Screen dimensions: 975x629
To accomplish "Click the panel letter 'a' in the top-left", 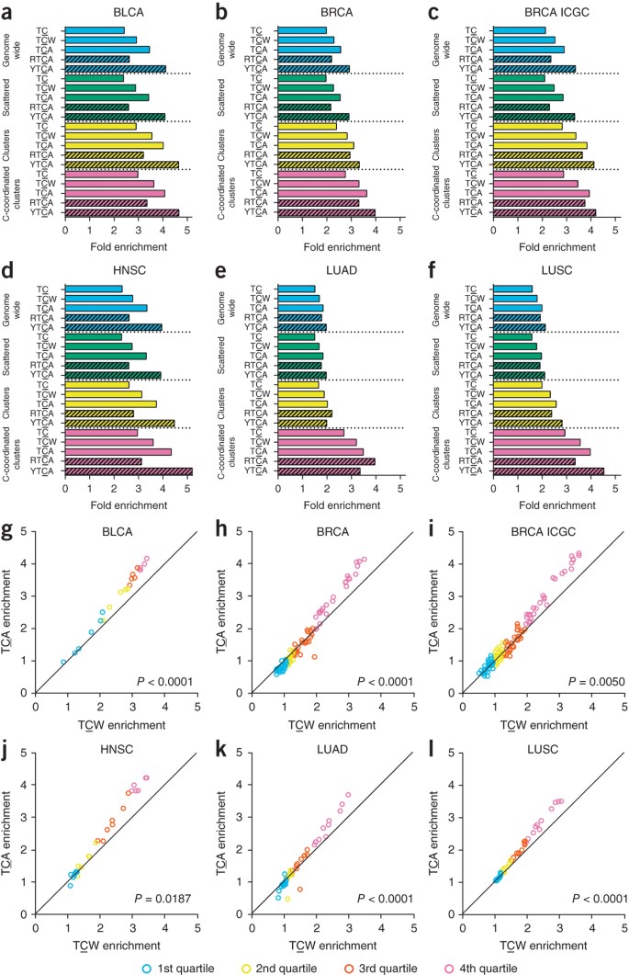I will click(9, 11).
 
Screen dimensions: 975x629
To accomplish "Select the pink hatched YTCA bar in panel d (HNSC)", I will click(129, 471).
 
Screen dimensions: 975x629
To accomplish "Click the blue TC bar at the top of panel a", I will click(95, 30).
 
